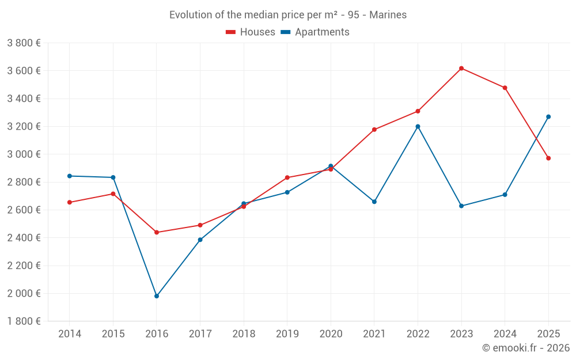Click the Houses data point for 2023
coord(461,69)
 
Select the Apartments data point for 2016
coord(157,296)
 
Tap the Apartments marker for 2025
coord(548,117)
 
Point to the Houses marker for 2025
coord(548,158)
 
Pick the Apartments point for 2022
coord(418,127)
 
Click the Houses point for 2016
coord(157,233)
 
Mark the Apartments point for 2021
coord(374,202)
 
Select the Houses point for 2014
coord(70,202)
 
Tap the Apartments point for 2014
coord(70,176)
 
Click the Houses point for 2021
coord(374,130)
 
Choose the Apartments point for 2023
coord(461,206)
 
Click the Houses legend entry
coord(251,32)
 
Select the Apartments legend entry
coord(316,32)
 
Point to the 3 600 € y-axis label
coord(24,71)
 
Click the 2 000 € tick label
coord(24,293)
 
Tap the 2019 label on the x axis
coord(287,334)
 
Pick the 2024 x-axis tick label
coord(505,334)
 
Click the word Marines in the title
coord(388,15)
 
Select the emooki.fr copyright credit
coord(525,348)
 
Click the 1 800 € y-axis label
coord(24,321)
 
